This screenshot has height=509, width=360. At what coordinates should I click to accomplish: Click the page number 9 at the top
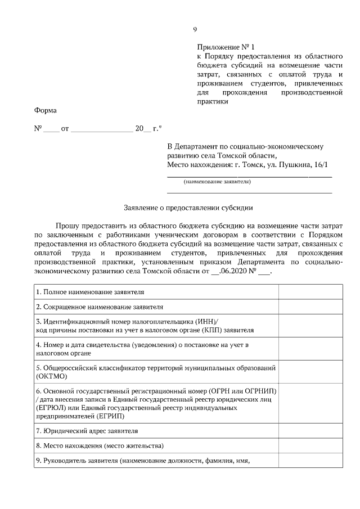195,29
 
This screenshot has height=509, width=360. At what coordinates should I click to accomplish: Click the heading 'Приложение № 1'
223,48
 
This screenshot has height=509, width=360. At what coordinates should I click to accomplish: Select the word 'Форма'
45,110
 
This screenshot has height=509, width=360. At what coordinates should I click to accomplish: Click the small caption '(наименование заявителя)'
217,182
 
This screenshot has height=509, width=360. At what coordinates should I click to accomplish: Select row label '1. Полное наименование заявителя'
90,292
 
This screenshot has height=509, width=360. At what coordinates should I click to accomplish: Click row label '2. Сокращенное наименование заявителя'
99,307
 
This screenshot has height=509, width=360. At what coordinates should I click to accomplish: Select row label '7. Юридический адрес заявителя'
87,431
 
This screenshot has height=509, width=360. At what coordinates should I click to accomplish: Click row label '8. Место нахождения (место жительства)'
100,446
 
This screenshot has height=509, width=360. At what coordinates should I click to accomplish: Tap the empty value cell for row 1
310,292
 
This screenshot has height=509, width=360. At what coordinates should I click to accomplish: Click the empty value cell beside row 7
310,431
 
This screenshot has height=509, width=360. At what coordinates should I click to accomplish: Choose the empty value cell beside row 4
310,348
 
